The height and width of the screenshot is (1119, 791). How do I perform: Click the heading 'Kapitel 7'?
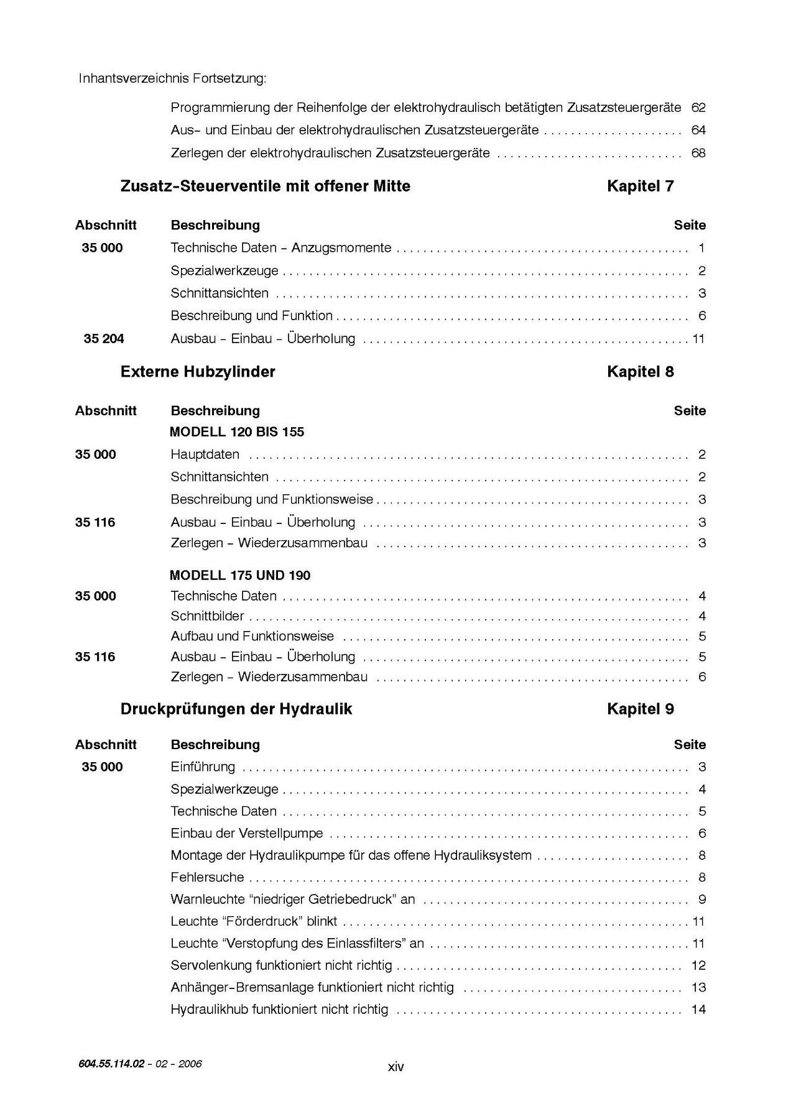tap(640, 186)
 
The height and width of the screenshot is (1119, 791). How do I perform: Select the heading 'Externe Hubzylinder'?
tap(198, 372)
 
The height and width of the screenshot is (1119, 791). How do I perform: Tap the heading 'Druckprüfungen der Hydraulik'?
tap(236, 709)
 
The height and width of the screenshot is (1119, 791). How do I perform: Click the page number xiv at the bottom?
tap(396, 1067)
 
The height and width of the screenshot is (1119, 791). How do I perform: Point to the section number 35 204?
tap(104, 339)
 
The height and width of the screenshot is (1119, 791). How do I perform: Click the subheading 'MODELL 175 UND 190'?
tap(240, 575)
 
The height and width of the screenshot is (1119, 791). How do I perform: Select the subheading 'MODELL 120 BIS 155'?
tap(237, 432)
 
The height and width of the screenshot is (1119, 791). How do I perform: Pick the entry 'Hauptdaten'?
tap(205, 454)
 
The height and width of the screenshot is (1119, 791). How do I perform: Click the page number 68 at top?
tap(698, 153)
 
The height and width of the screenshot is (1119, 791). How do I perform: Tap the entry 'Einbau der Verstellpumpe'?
tap(247, 834)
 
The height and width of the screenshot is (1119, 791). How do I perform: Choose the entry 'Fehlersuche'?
tap(208, 878)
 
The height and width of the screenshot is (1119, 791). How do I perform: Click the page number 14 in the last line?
tap(698, 1010)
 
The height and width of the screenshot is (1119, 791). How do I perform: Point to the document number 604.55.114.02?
tap(111, 1064)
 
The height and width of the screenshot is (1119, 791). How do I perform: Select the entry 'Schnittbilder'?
tap(208, 617)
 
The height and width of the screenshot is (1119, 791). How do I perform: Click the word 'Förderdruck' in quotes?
tap(267, 922)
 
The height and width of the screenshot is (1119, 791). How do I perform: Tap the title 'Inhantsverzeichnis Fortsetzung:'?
tap(173, 79)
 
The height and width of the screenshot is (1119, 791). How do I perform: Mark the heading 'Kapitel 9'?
tap(640, 709)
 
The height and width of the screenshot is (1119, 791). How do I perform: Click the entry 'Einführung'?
tap(203, 767)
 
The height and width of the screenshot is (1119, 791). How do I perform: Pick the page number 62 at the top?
tap(698, 108)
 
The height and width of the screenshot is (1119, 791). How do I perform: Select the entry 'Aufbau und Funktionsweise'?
tap(252, 637)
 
